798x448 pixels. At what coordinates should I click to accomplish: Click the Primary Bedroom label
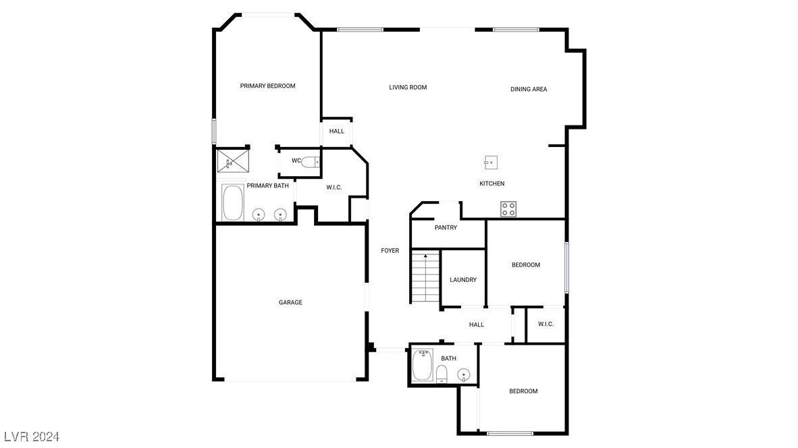[x=268, y=86]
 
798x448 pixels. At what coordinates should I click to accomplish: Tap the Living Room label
[x=408, y=88]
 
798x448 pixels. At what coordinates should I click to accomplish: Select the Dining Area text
[x=529, y=89]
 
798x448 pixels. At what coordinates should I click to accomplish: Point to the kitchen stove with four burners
[x=508, y=209]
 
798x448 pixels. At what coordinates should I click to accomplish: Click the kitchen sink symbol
[x=491, y=163]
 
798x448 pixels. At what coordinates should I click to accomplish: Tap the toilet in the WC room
[x=310, y=162]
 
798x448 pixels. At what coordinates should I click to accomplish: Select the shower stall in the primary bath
[x=232, y=161]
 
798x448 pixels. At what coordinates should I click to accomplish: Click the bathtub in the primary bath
[x=232, y=202]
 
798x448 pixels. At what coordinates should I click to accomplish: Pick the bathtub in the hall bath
[x=423, y=364]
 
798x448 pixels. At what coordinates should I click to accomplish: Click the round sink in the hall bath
[x=464, y=375]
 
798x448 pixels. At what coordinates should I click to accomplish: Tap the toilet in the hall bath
[x=442, y=374]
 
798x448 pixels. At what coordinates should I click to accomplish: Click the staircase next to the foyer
[x=425, y=277]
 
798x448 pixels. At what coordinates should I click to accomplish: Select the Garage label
[x=290, y=302]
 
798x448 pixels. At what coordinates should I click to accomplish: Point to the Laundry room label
[x=463, y=280]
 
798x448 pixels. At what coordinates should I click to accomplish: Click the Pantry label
[x=446, y=227]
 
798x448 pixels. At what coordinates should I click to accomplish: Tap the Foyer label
[x=390, y=251]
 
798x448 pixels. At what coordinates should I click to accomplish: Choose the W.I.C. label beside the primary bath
[x=334, y=188]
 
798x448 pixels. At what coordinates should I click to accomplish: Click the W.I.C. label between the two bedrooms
[x=546, y=324]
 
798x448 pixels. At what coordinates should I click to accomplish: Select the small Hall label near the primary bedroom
[x=336, y=131]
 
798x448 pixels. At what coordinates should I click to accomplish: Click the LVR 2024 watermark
[x=32, y=437]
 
